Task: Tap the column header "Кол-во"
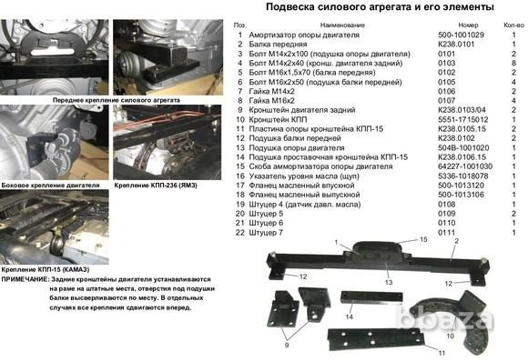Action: (x=512, y=26)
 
